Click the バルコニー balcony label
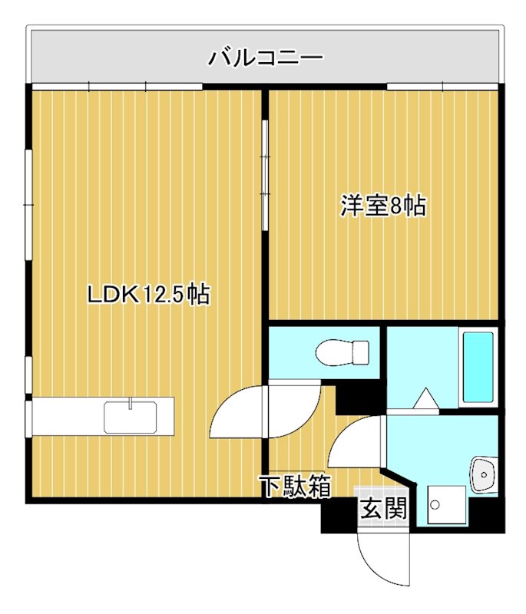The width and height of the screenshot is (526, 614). [265, 57]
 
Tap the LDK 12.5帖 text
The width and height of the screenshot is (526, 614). [148, 294]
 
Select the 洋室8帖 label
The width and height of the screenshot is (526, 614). [383, 206]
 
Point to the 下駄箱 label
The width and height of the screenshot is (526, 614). [294, 487]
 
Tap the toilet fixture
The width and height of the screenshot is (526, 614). [342, 352]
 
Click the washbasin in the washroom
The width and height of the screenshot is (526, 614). [484, 474]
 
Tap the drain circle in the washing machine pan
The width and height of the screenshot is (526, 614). [435, 505]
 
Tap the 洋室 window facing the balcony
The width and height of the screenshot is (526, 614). [443, 87]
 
